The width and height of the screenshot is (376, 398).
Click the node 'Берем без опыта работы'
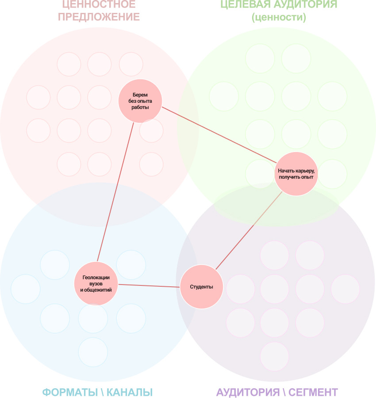click(140, 101)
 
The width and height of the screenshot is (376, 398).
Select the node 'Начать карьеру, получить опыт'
click(296, 173)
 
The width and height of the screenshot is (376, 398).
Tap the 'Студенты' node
click(201, 287)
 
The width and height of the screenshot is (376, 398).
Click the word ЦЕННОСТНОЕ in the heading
click(99, 5)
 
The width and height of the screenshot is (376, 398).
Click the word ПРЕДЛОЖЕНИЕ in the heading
click(99, 17)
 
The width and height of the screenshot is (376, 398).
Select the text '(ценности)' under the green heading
click(279, 18)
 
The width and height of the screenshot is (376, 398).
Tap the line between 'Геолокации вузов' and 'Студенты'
click(149, 285)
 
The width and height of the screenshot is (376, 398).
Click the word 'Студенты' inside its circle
click(201, 287)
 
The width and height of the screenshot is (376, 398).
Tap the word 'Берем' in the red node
click(140, 95)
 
